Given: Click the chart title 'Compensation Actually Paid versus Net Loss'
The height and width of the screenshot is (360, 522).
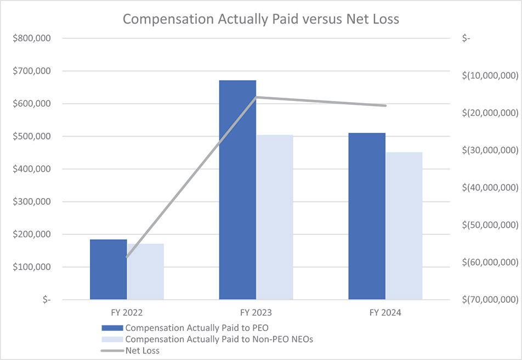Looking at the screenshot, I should tap(261, 19).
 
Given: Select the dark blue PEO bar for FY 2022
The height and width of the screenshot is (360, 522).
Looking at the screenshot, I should tap(109, 269).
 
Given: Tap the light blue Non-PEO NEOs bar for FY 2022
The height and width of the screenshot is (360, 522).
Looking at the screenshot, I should tap(145, 271).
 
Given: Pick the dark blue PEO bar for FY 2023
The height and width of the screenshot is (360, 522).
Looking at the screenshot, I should tap(237, 189).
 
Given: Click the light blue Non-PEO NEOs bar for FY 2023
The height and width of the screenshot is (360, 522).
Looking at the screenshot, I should tap(275, 217).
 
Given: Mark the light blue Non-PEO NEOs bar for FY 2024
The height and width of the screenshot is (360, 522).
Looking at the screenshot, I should tap(404, 226).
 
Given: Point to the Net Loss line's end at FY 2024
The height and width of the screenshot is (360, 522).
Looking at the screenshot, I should tap(385, 105).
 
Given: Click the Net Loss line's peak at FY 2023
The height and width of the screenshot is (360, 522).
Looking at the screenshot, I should tap(256, 97).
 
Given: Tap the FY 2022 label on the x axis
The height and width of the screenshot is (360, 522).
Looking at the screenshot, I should tap(127, 313).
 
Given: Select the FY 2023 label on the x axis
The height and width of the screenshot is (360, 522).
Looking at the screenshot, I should tap(256, 313).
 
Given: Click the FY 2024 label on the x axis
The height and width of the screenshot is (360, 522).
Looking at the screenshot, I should tap(385, 313).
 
